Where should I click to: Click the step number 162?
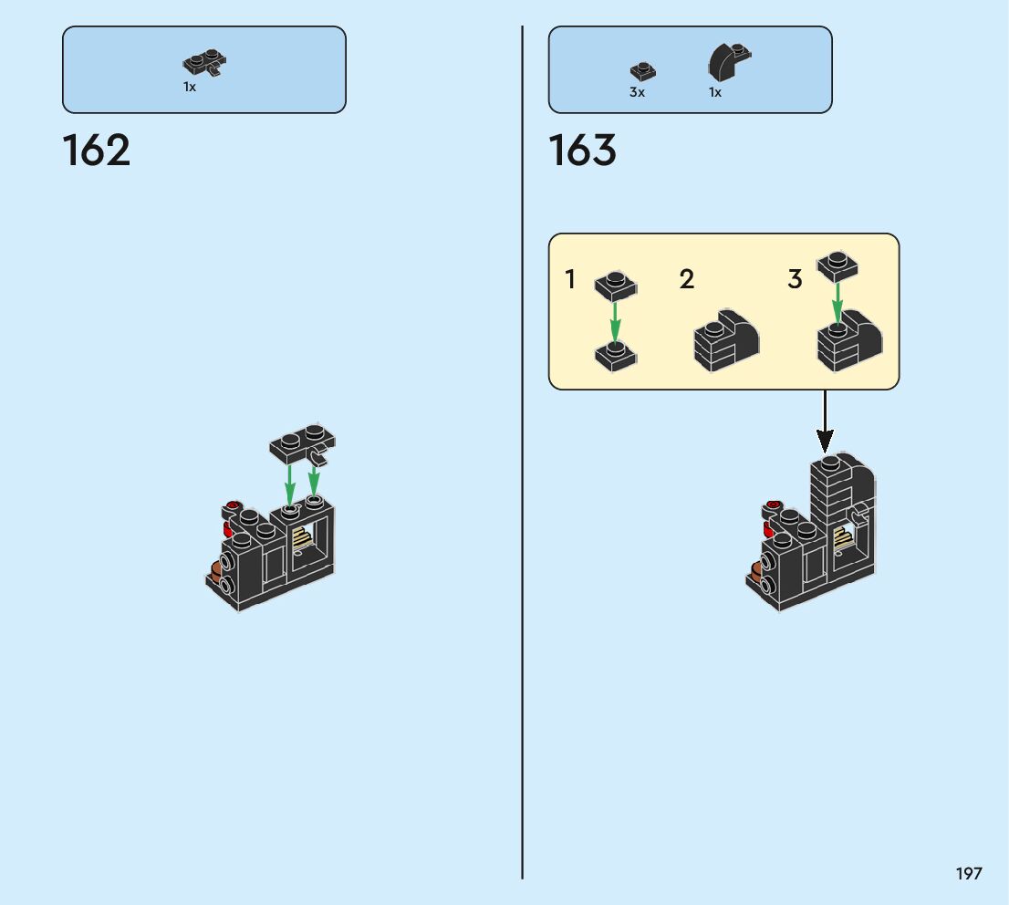[97, 151]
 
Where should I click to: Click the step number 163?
[583, 151]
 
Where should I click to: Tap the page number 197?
[969, 873]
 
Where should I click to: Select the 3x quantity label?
[637, 92]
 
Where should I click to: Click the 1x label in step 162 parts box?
[189, 87]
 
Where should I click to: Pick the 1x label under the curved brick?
[715, 92]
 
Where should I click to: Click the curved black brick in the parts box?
[728, 62]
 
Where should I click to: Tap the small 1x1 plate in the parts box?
[642, 70]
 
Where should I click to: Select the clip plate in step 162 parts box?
[205, 62]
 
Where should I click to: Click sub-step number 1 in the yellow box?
[571, 279]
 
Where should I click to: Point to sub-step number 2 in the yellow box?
[687, 279]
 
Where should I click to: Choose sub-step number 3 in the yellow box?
[795, 279]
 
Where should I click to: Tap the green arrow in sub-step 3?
[837, 302]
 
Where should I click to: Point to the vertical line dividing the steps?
[523, 456]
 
